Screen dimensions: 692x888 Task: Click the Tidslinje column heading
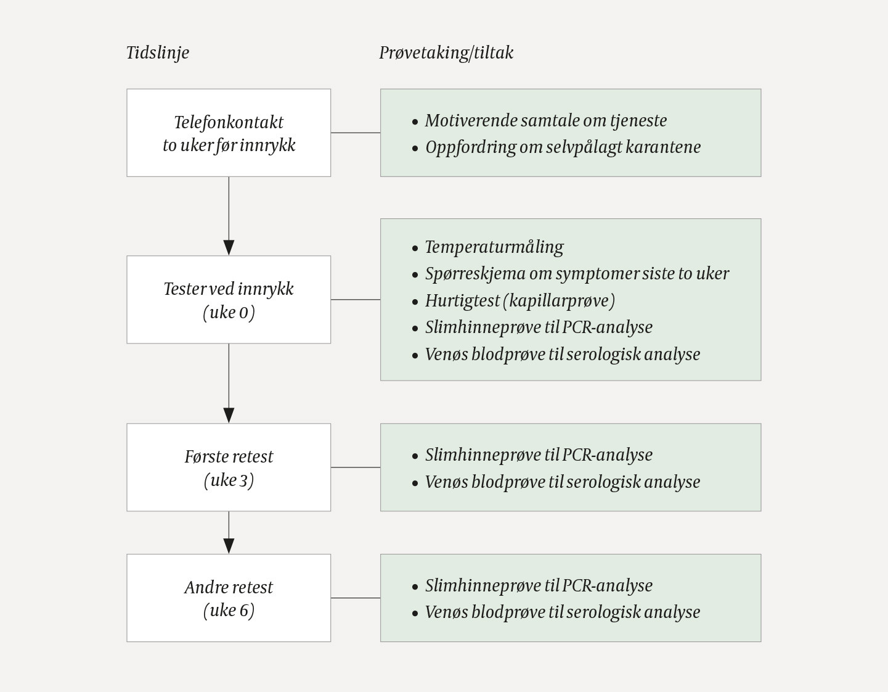click(157, 53)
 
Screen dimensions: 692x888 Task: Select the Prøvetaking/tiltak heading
click(446, 53)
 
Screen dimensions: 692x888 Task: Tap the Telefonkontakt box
click(229, 133)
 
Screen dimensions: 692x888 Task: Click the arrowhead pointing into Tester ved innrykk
click(229, 247)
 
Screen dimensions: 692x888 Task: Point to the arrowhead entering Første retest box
click(229, 415)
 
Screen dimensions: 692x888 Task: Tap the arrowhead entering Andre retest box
click(229, 545)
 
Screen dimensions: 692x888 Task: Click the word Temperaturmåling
click(494, 247)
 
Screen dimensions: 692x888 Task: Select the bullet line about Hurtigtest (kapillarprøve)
click(519, 301)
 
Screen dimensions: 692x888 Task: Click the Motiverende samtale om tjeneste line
click(545, 121)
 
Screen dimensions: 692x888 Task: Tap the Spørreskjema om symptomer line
click(577, 274)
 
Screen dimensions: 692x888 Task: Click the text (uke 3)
click(229, 480)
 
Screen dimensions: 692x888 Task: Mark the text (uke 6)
click(229, 611)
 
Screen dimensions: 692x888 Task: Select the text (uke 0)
click(229, 313)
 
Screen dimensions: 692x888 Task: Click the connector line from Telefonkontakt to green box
click(356, 133)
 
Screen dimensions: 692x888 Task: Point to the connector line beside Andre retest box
click(356, 598)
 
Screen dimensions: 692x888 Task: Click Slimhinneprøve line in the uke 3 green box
click(538, 455)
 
